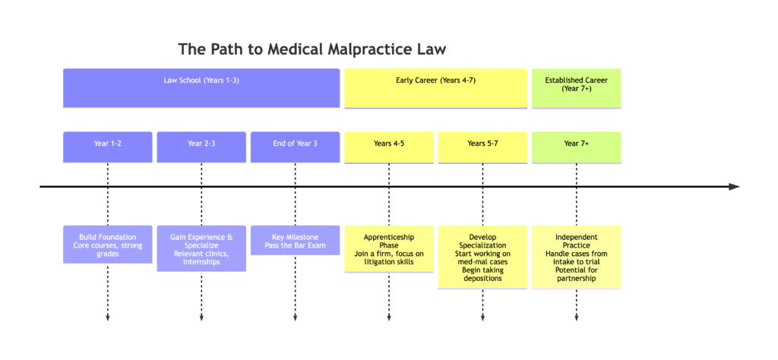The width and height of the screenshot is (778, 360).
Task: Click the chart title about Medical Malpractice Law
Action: click(312, 49)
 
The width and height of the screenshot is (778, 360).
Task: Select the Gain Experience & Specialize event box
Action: click(201, 248)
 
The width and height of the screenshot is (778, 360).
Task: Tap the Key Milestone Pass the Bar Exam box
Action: click(295, 240)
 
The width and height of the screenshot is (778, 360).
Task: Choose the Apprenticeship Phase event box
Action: click(389, 248)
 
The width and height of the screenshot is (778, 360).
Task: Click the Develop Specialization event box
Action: click(482, 257)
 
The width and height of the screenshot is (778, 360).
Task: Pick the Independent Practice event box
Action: click(576, 257)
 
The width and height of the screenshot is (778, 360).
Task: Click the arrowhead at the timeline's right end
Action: click(733, 186)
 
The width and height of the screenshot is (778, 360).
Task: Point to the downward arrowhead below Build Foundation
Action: click(107, 317)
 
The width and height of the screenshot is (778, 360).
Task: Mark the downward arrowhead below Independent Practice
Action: click(576, 317)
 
